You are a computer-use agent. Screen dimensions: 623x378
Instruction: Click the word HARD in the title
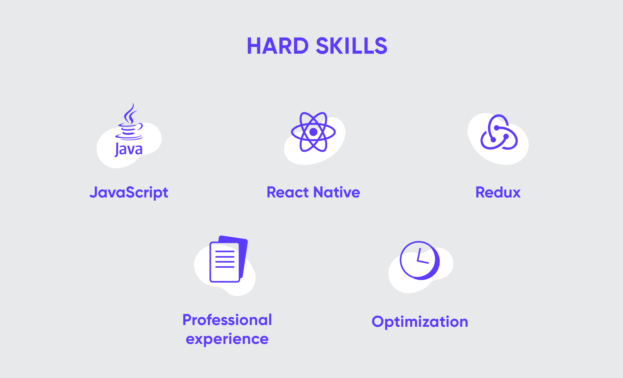pyautogui.click(x=278, y=46)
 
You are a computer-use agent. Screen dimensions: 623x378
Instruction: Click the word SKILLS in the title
pyautogui.click(x=352, y=46)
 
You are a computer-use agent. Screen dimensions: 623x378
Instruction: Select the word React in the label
pyautogui.click(x=288, y=192)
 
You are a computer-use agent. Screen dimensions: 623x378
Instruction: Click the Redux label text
pyautogui.click(x=498, y=192)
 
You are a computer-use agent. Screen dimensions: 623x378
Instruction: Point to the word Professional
pyautogui.click(x=227, y=320)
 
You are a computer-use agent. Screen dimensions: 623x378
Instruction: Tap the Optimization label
pyautogui.click(x=420, y=322)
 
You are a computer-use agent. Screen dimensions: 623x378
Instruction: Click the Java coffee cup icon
pyautogui.click(x=129, y=130)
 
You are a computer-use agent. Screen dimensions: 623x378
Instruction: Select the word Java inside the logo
pyautogui.click(x=129, y=150)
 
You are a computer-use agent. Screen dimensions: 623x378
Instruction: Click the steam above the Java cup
pyautogui.click(x=130, y=113)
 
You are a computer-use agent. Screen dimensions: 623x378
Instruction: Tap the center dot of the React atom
pyautogui.click(x=313, y=132)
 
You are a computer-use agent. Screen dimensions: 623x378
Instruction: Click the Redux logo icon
pyautogui.click(x=499, y=132)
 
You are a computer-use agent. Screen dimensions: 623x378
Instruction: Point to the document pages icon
pyautogui.click(x=229, y=259)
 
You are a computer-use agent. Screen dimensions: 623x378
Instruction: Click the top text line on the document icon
pyautogui.click(x=225, y=251)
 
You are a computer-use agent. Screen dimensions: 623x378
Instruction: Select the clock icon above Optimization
pyautogui.click(x=420, y=260)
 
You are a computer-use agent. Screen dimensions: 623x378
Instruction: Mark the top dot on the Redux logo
pyautogui.click(x=497, y=128)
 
